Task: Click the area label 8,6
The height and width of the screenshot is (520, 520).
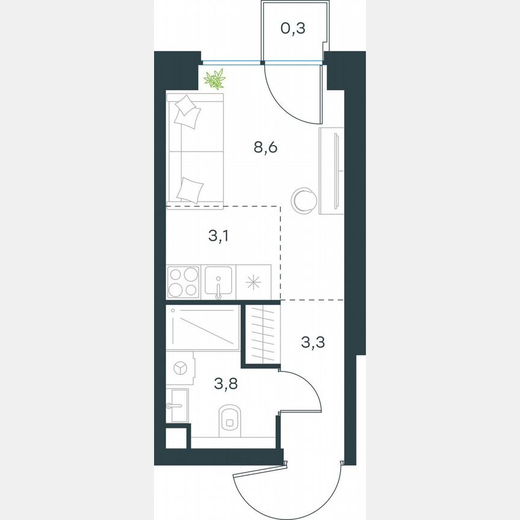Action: (x=265, y=147)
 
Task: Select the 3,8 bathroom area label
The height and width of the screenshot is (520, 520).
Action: (x=226, y=383)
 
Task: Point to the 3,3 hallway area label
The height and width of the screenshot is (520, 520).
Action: (x=312, y=343)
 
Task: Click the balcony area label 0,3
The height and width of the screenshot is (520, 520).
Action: (x=294, y=28)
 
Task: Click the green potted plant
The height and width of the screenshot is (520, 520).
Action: (x=214, y=79)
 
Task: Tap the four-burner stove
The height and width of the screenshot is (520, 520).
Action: (x=182, y=282)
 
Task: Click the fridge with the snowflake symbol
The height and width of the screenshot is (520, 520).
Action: (x=253, y=282)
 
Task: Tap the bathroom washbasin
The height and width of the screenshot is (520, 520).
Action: (x=177, y=405)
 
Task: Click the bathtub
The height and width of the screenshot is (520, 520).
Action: (x=203, y=327)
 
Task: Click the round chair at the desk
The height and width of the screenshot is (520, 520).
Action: (x=303, y=200)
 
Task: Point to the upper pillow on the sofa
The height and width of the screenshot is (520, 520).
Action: (x=187, y=111)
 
